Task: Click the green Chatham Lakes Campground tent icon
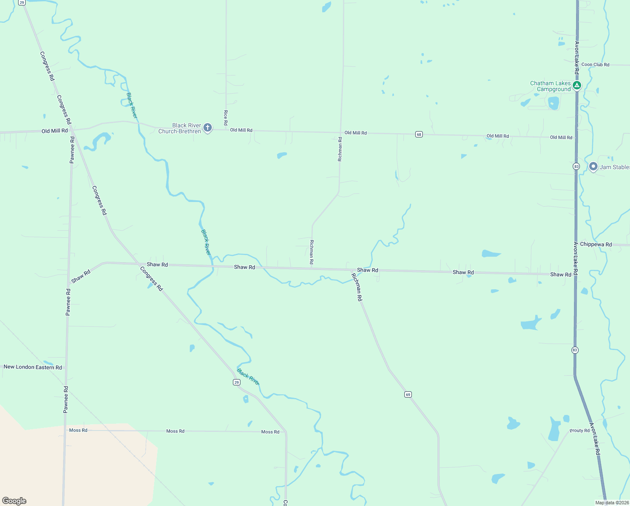(577, 86)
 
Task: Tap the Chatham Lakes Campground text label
(550, 86)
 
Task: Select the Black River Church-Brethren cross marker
(207, 127)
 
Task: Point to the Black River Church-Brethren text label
(180, 128)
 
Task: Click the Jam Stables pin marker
(593, 167)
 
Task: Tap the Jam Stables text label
(614, 167)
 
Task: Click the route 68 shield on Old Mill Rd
(419, 134)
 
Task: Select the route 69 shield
(408, 394)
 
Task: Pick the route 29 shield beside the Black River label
(237, 382)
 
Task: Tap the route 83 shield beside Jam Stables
(576, 167)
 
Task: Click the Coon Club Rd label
(595, 65)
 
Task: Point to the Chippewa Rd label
(595, 245)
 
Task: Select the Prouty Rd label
(579, 431)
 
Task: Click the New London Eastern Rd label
(33, 367)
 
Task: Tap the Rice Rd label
(226, 118)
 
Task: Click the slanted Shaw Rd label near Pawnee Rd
(81, 277)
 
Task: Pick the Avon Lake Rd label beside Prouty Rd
(595, 439)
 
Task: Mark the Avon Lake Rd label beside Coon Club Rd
(577, 58)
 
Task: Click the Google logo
(14, 501)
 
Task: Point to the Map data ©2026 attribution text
(611, 503)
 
